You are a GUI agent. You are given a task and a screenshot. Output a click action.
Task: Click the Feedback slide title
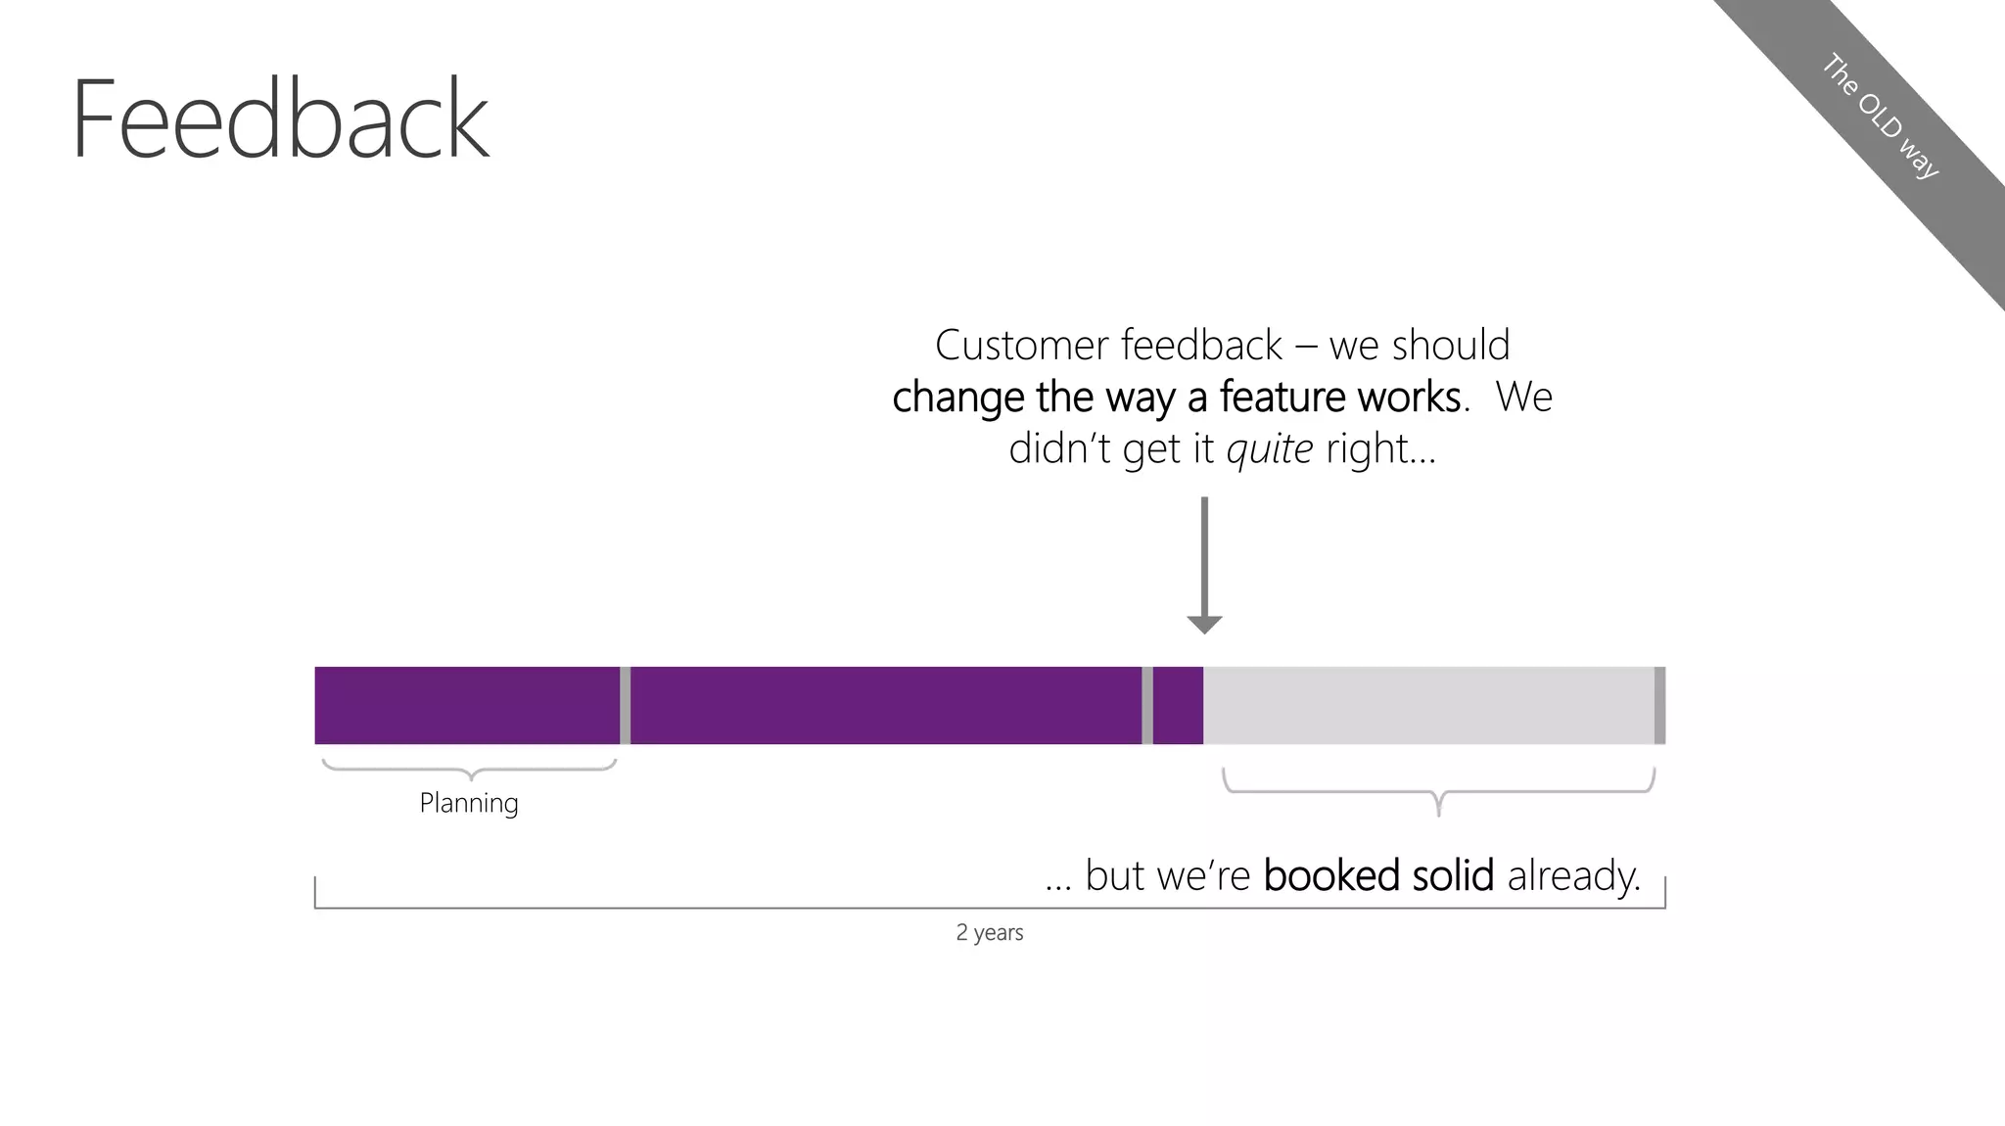(280, 119)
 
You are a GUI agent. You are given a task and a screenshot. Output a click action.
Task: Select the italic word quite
(1269, 449)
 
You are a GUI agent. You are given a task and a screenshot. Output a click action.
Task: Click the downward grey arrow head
(1204, 624)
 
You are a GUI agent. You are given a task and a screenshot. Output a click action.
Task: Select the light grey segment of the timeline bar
(1427, 705)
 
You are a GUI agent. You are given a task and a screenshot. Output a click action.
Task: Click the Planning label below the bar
(469, 804)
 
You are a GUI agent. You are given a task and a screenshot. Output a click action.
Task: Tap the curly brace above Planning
(470, 770)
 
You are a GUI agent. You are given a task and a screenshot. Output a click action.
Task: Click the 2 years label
(989, 932)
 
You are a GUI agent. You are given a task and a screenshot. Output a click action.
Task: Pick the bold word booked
(1329, 875)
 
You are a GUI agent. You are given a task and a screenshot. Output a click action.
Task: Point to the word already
(1573, 876)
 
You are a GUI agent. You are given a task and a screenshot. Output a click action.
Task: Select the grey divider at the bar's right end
(1659, 705)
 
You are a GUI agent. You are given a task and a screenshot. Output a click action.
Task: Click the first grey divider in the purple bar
(625, 705)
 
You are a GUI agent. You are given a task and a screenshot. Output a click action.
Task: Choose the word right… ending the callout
(1380, 449)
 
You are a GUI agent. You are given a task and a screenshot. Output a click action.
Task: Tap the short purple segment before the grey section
(1178, 705)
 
